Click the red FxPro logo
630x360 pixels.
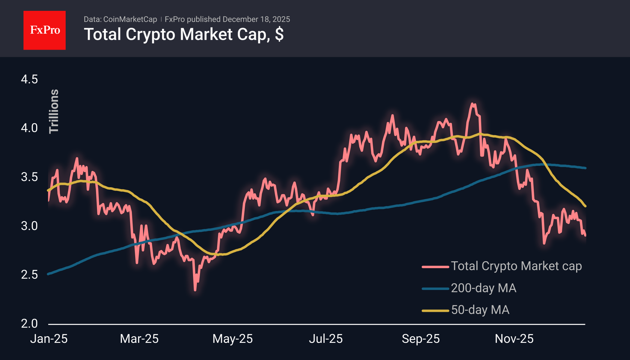45,30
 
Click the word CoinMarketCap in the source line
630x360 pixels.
130,19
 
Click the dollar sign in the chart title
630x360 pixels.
279,34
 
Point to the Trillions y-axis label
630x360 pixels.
54,111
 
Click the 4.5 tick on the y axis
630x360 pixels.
29,79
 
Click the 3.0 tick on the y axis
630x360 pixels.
29,226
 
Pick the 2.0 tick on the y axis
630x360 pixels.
29,323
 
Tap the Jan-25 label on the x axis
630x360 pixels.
49,339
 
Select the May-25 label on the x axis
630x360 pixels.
232,339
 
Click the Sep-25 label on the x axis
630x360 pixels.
421,339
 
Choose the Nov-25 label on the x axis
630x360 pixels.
514,339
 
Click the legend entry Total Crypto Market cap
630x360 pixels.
516,266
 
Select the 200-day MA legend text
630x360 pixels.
483,288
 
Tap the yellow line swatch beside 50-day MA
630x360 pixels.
435,310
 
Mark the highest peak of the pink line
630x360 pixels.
472,104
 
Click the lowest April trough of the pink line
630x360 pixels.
195,290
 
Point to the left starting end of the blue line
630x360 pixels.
48,274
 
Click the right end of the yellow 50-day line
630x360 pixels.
585,206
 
